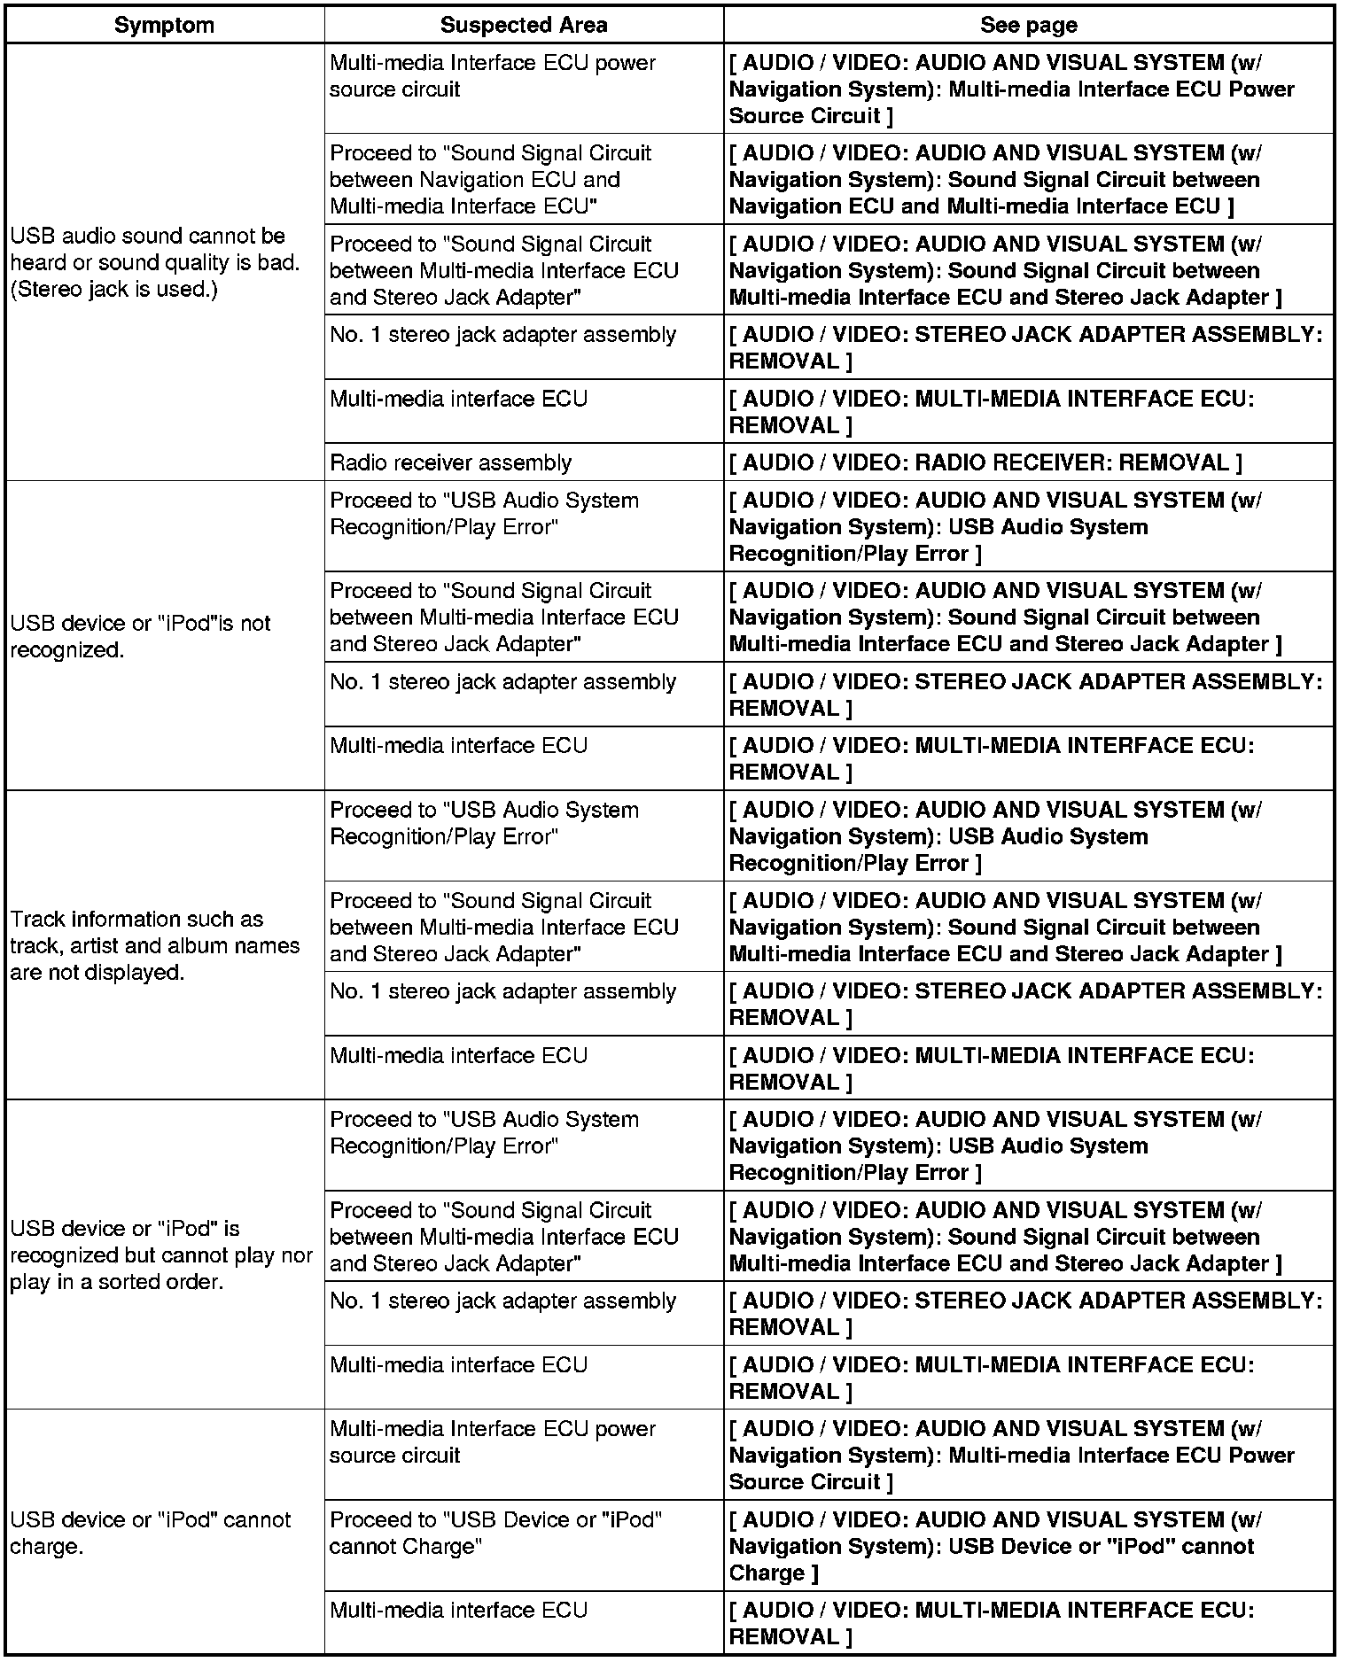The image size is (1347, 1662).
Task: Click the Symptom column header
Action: pyautogui.click(x=164, y=25)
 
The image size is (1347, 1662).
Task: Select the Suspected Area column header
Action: pyautogui.click(x=523, y=25)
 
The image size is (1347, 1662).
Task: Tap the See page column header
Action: pyautogui.click(x=1028, y=25)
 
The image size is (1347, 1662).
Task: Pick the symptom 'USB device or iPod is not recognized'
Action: pyautogui.click(x=140, y=636)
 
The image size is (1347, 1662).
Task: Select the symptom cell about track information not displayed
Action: pyautogui.click(x=155, y=945)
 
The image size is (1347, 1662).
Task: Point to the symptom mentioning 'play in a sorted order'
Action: pyautogui.click(x=161, y=1254)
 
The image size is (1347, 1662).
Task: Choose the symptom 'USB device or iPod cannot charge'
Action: pyautogui.click(x=151, y=1533)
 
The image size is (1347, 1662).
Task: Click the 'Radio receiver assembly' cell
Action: pyautogui.click(x=450, y=462)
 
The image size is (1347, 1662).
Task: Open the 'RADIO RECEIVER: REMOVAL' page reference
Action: pyautogui.click(x=985, y=462)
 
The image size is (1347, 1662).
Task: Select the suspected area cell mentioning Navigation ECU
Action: pyautogui.click(x=490, y=179)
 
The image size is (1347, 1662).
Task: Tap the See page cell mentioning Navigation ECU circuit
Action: pyautogui.click(x=993, y=179)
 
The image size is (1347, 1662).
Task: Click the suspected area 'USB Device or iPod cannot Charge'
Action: pyautogui.click(x=495, y=1533)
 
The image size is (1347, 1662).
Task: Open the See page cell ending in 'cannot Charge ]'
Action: pyautogui.click(x=991, y=1546)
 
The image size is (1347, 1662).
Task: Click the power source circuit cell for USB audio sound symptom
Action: pyautogui.click(x=492, y=76)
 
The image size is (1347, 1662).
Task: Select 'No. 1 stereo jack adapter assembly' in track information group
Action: pyautogui.click(x=502, y=991)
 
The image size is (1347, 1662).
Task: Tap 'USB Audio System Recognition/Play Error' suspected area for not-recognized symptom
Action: pyautogui.click(x=484, y=514)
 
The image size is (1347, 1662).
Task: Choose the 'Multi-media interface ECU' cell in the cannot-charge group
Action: pyautogui.click(x=458, y=1610)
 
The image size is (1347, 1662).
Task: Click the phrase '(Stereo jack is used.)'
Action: pyautogui.click(x=113, y=290)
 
